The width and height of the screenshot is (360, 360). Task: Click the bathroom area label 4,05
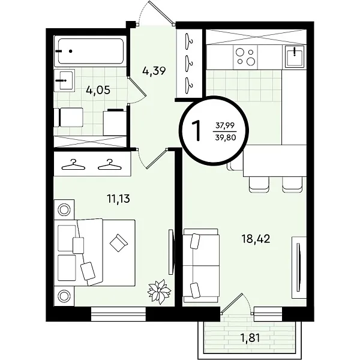98,90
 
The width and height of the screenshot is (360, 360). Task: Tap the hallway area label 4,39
154,71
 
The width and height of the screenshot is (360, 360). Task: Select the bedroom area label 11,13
118,199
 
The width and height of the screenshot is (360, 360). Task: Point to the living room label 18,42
256,239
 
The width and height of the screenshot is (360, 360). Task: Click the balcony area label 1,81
250,338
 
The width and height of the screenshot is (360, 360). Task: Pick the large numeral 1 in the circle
197,131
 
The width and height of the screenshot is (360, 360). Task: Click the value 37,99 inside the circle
225,125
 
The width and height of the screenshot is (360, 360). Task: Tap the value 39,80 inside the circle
226,137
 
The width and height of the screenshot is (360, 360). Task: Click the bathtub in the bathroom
91,51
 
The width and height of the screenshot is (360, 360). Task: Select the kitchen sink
295,56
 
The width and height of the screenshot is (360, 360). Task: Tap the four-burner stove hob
245,57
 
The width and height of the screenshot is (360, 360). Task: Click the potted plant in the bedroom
159,292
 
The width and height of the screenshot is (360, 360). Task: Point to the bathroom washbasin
65,80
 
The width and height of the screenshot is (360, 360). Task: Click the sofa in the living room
201,266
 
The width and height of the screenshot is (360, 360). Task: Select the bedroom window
118,314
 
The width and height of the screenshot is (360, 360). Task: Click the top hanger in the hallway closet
190,40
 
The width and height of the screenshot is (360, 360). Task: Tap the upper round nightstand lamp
64,209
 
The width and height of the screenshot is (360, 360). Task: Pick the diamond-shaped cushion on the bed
118,243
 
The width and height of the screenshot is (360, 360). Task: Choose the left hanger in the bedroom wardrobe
73,165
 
